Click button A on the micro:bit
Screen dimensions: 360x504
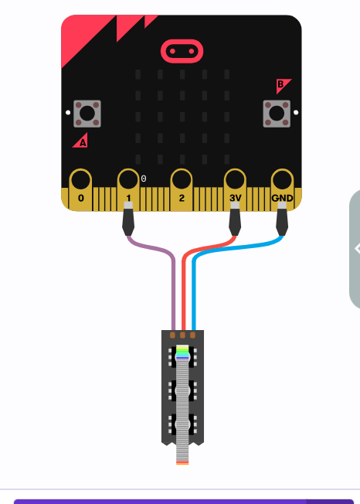point(87,114)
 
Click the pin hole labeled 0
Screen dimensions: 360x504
point(80,179)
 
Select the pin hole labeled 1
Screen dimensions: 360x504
point(128,179)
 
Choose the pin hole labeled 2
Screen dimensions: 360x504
point(182,179)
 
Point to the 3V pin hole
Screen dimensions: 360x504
point(235,179)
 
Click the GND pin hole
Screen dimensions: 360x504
point(282,179)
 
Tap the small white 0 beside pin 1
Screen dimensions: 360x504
point(144,179)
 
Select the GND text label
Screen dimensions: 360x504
point(282,198)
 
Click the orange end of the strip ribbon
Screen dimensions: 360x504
point(182,463)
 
